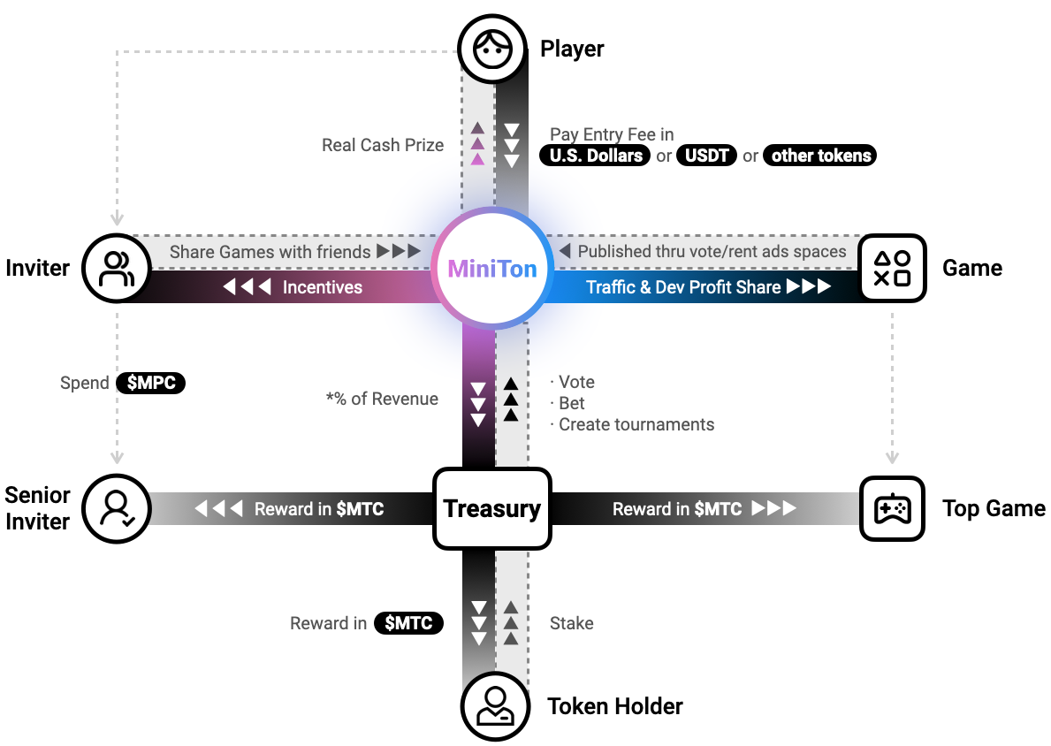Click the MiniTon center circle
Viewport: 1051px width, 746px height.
pyautogui.click(x=491, y=269)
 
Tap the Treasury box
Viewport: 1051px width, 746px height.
pyautogui.click(x=491, y=508)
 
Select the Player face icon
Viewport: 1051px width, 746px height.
pyautogui.click(x=492, y=49)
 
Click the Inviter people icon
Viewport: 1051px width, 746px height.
pyautogui.click(x=116, y=268)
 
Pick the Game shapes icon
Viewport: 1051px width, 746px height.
pyautogui.click(x=892, y=268)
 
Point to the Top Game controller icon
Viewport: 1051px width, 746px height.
pyautogui.click(x=892, y=509)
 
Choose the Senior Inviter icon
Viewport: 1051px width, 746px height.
pyautogui.click(x=116, y=509)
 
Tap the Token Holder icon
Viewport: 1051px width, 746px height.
pyautogui.click(x=494, y=706)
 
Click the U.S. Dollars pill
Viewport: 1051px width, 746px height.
pyautogui.click(x=595, y=156)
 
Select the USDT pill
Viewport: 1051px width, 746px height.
pyautogui.click(x=707, y=156)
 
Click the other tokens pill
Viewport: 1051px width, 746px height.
pyautogui.click(x=820, y=156)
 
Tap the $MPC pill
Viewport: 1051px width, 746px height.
pyautogui.click(x=151, y=383)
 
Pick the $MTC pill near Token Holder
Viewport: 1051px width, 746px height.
pyautogui.click(x=408, y=623)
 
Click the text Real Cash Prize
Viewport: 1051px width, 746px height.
pyautogui.click(x=383, y=145)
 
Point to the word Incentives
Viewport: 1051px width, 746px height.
pyautogui.click(x=322, y=287)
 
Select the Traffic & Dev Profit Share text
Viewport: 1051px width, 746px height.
pyautogui.click(x=683, y=287)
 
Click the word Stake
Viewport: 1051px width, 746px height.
pyautogui.click(x=571, y=623)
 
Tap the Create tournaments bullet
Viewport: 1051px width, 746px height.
pyautogui.click(x=636, y=424)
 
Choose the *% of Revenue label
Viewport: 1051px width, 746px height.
pyautogui.click(x=382, y=399)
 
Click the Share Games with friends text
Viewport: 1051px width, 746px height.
pyautogui.click(x=270, y=252)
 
